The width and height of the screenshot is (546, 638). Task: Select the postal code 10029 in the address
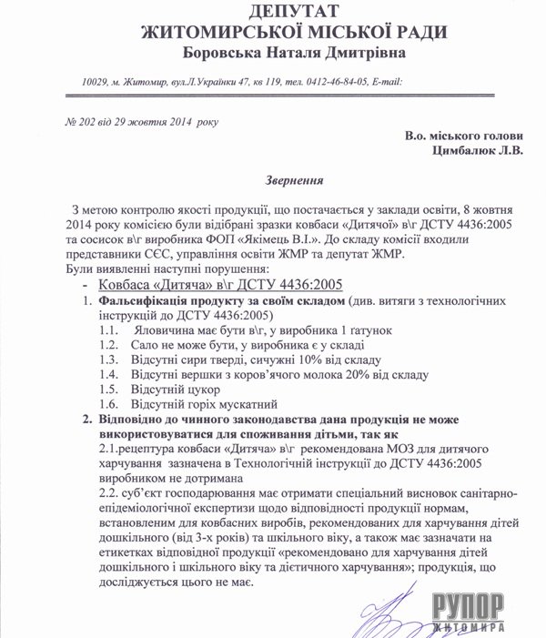tap(97, 83)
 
